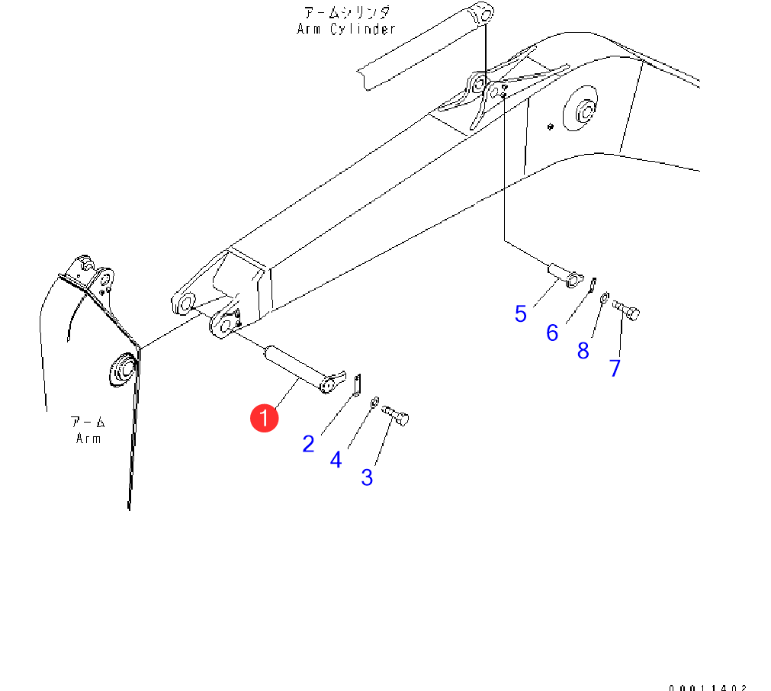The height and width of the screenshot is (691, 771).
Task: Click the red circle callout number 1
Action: pyautogui.click(x=265, y=418)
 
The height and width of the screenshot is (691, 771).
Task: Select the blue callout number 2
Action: pyautogui.click(x=308, y=444)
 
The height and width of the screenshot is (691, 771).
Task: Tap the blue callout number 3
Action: pyautogui.click(x=367, y=478)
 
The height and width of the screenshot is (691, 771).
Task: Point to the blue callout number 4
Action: pyautogui.click(x=336, y=461)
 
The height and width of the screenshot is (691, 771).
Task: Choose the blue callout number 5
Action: pyautogui.click(x=521, y=314)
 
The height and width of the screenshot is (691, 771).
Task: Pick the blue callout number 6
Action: pyautogui.click(x=552, y=333)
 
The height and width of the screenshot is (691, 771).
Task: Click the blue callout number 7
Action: pyautogui.click(x=615, y=368)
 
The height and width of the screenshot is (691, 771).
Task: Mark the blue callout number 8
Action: pyautogui.click(x=583, y=351)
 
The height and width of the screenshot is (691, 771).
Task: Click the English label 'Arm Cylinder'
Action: pyautogui.click(x=346, y=29)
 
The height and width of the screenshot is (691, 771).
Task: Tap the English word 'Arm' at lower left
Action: pyautogui.click(x=88, y=439)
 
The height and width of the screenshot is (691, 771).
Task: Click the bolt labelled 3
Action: pyautogui.click(x=395, y=416)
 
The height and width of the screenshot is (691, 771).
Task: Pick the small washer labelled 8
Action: pyautogui.click(x=605, y=297)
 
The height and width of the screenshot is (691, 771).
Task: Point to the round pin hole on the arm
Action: pyautogui.click(x=122, y=370)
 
